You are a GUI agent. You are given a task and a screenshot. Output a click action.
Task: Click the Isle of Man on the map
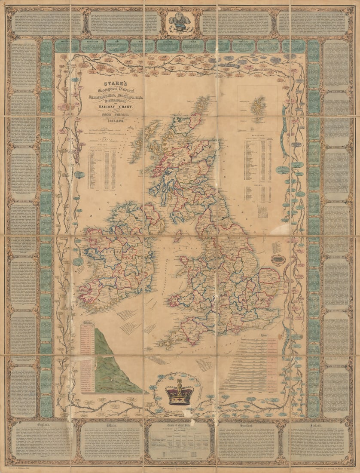point(177,236)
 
